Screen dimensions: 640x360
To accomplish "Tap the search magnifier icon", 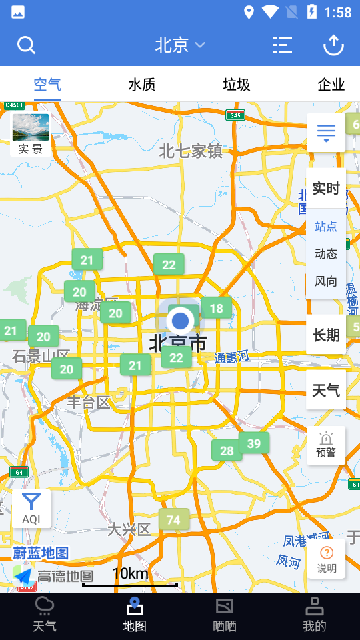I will point(26,45).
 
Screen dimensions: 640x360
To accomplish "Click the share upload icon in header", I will point(333,45).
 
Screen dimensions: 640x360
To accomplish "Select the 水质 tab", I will point(142,85).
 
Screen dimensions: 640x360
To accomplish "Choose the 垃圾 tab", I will point(237,85).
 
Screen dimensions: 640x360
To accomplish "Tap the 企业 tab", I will point(331,85).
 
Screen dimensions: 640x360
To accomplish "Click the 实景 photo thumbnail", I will point(31,134).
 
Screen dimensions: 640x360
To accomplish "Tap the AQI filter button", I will point(31,509).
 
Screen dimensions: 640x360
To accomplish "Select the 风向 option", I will point(326,281).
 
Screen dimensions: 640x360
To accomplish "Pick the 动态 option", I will point(326,254).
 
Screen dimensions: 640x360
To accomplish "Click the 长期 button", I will point(326,335).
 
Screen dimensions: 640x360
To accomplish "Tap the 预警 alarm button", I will point(326,445).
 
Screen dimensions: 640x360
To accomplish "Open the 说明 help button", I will point(327,559).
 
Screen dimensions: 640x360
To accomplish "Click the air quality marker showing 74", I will point(174,520).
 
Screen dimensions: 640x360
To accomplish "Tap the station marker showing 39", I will point(254,443).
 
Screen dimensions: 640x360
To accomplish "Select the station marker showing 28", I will point(227,451).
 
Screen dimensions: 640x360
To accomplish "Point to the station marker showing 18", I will point(217,308).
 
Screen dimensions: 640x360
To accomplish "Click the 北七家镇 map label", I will point(191,151).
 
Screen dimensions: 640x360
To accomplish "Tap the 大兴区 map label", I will point(129,529).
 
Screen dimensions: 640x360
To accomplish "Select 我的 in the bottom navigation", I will point(315,615).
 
